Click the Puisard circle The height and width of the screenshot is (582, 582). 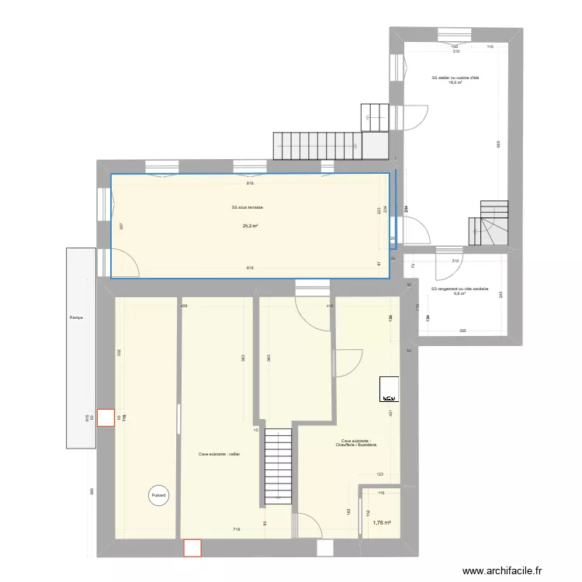click(158, 495)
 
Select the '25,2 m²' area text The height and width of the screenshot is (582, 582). click(250, 226)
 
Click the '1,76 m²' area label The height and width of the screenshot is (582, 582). click(380, 522)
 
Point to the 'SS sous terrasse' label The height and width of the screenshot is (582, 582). click(248, 207)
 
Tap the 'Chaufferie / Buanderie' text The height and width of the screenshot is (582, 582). click(356, 445)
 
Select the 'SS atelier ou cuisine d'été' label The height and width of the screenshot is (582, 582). click(455, 78)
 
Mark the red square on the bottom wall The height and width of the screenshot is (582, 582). click(192, 548)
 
